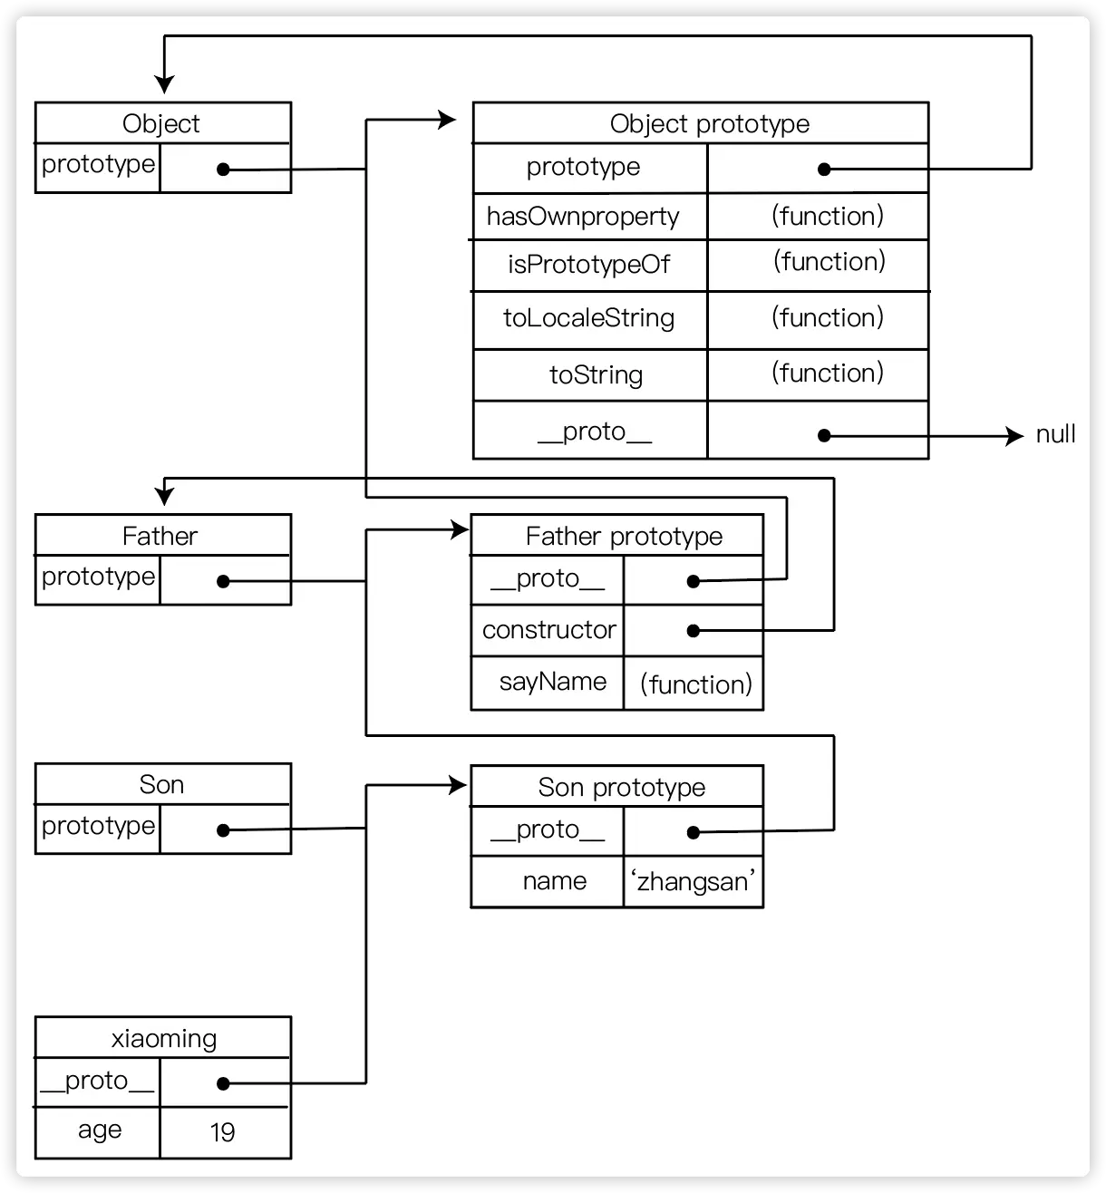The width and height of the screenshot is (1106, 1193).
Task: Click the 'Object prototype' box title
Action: coord(709,123)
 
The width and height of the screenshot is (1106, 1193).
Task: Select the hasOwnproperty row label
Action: coord(583,217)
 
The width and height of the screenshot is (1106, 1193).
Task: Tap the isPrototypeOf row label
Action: coord(588,265)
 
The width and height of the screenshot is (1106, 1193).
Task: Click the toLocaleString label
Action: coord(588,318)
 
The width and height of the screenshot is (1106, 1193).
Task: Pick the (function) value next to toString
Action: coord(827,373)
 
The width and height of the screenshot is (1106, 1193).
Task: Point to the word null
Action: coord(1055,434)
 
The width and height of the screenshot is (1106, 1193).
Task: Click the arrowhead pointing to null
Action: coord(1015,436)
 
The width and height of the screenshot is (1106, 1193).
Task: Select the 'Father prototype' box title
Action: coord(624,536)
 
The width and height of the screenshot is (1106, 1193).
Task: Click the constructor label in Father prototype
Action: coord(548,630)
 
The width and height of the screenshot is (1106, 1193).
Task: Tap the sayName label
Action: coord(552,682)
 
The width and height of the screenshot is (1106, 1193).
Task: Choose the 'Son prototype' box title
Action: coord(621,787)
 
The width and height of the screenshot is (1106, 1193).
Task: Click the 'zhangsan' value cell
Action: coord(694,881)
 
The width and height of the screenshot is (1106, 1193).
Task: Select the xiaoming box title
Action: coord(164,1038)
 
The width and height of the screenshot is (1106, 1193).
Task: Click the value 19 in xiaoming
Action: coord(223,1131)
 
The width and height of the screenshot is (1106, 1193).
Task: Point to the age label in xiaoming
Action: coord(100,1130)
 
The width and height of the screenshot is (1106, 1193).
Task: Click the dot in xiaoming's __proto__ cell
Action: coord(223,1082)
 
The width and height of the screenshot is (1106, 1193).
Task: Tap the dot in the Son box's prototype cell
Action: coord(223,829)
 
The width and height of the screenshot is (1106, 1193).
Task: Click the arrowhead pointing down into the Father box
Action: coord(164,495)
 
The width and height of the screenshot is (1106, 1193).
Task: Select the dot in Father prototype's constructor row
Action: coord(694,630)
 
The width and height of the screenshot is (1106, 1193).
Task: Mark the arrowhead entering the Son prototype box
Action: coord(459,785)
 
